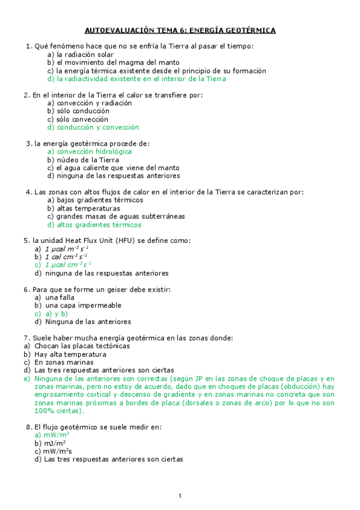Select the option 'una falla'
(59, 297)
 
